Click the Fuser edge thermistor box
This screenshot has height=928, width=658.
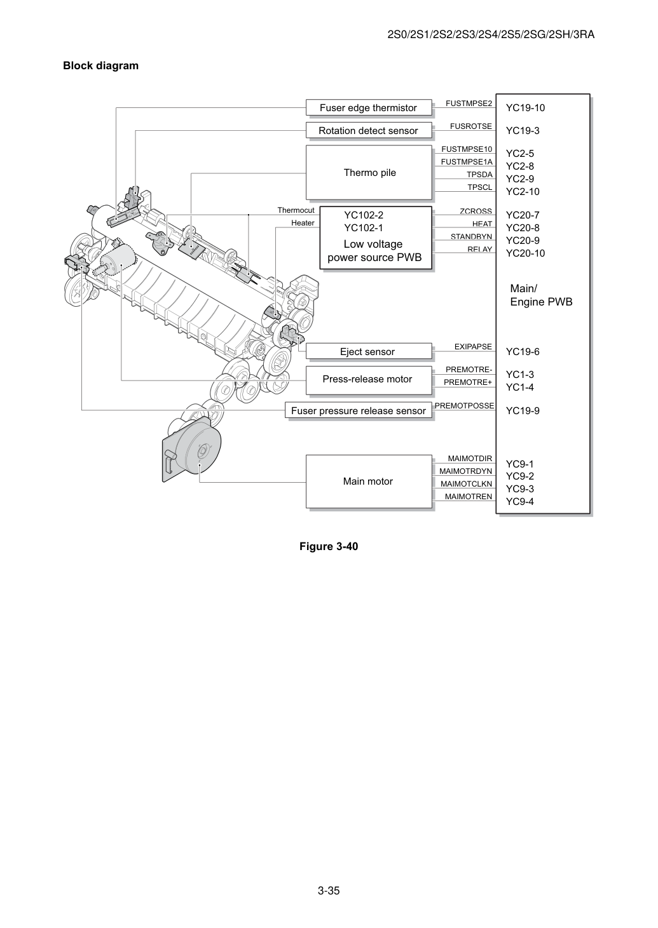pos(369,108)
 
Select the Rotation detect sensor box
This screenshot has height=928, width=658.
pos(369,130)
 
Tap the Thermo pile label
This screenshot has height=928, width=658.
pos(369,173)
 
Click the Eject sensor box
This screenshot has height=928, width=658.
pos(369,351)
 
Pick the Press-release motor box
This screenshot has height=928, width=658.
pos(369,380)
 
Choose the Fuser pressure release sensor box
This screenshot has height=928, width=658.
pos(359,410)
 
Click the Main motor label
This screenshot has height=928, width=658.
pos(367,481)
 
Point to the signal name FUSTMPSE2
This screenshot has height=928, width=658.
pos(469,104)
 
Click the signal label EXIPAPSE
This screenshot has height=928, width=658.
pos(473,347)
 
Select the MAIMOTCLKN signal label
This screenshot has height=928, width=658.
pos(466,484)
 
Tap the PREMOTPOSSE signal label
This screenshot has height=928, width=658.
pos(464,406)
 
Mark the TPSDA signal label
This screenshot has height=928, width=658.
pos(479,175)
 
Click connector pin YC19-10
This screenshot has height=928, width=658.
pos(525,108)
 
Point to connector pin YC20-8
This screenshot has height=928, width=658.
pos(523,228)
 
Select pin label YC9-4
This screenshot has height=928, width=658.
pos(520,502)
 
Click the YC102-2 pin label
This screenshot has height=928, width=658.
pos(364,215)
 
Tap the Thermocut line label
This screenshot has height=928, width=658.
pos(296,210)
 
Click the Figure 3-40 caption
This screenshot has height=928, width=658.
pos(329,546)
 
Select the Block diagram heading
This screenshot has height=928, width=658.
pos(100,66)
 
